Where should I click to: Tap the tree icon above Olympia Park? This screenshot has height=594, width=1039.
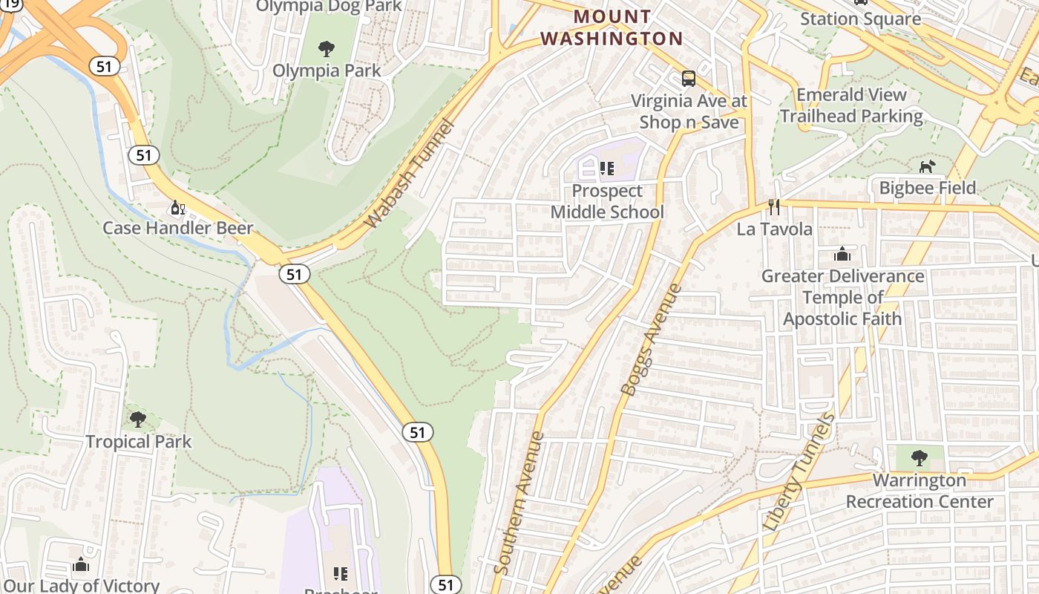(326, 50)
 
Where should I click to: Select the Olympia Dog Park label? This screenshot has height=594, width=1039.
(328, 7)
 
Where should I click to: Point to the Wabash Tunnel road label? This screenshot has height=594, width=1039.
(409, 173)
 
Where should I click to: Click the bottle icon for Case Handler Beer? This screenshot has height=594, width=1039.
(177, 207)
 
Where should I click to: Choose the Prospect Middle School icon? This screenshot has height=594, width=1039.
(607, 169)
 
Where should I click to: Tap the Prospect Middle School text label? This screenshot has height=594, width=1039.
(607, 201)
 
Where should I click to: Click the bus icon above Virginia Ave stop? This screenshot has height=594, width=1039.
(689, 79)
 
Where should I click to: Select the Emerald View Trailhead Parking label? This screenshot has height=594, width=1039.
(851, 105)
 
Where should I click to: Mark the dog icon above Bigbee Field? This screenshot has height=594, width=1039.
(927, 166)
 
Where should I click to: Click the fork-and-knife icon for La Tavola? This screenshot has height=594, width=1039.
(774, 207)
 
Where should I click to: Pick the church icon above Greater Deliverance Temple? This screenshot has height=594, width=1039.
(842, 255)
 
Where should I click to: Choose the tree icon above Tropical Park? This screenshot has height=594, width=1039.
(138, 420)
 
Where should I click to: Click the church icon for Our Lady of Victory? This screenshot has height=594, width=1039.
(82, 565)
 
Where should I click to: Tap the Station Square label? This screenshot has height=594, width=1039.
(860, 19)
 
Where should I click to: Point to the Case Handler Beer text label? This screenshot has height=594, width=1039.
(177, 228)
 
